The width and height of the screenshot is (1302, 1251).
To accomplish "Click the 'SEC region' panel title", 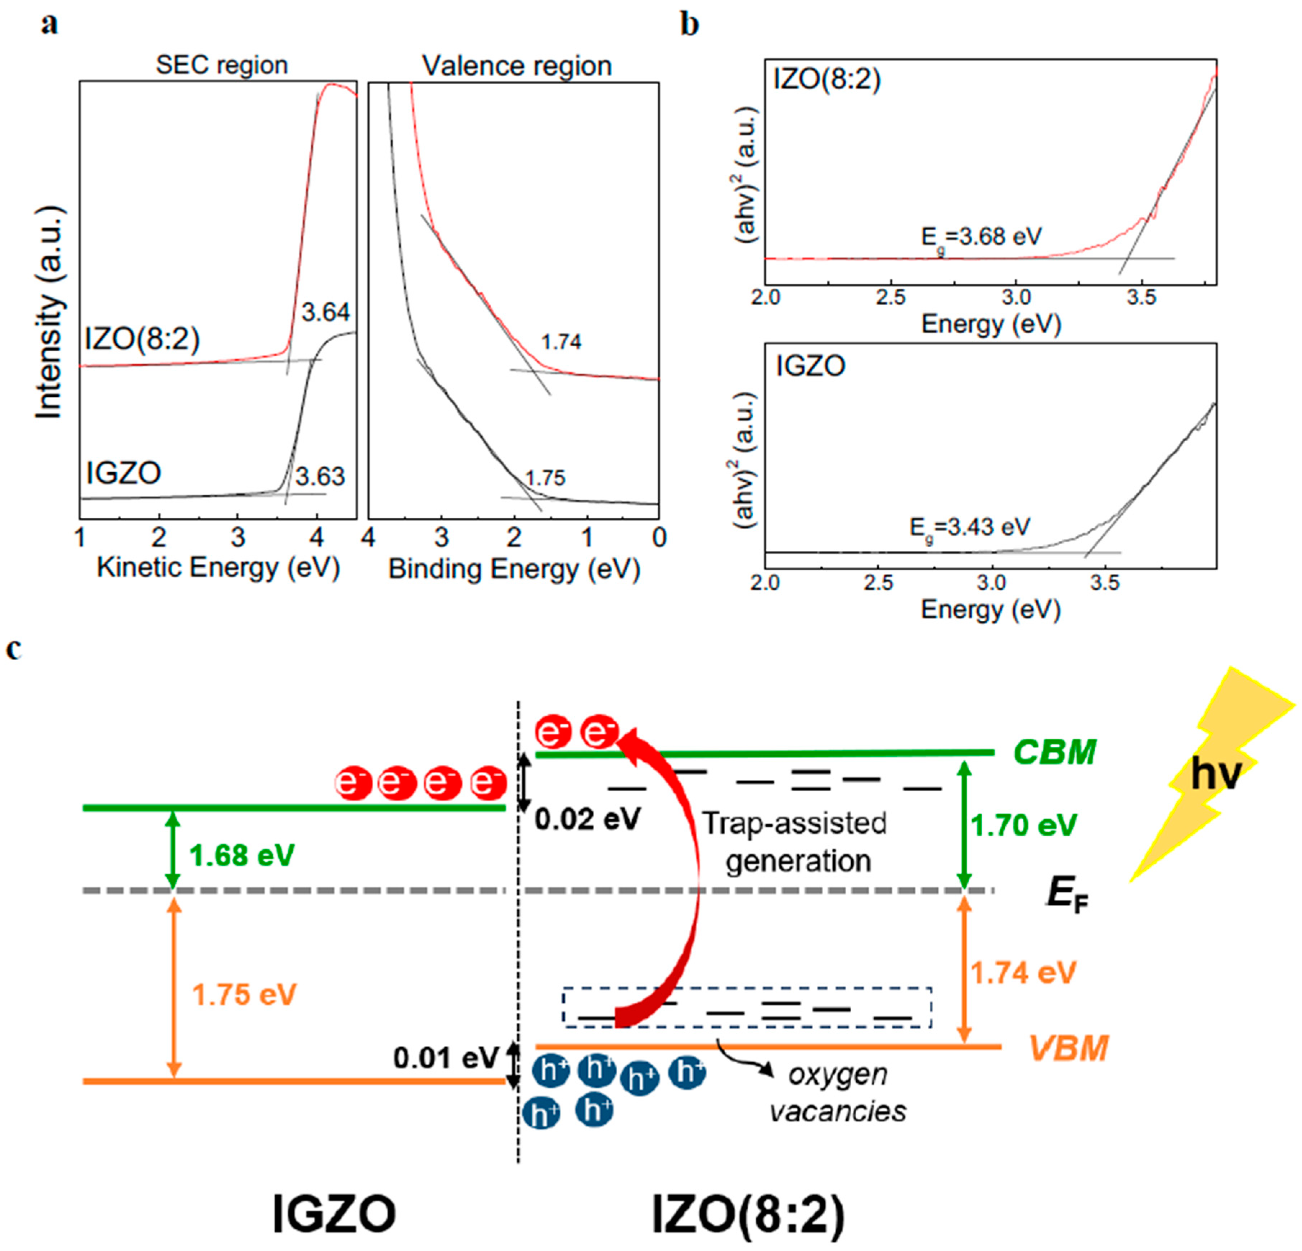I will (221, 65).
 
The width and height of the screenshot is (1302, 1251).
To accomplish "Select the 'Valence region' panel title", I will (517, 66).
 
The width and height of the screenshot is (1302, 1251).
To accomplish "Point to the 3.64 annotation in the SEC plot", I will (325, 312).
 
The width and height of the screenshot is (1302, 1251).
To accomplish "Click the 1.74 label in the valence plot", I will (561, 342).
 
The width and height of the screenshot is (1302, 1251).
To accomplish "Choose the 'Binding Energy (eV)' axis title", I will (514, 570).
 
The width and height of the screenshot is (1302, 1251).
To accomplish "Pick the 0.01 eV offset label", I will (445, 1058).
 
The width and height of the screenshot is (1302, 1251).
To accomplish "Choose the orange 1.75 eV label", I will (244, 995).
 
